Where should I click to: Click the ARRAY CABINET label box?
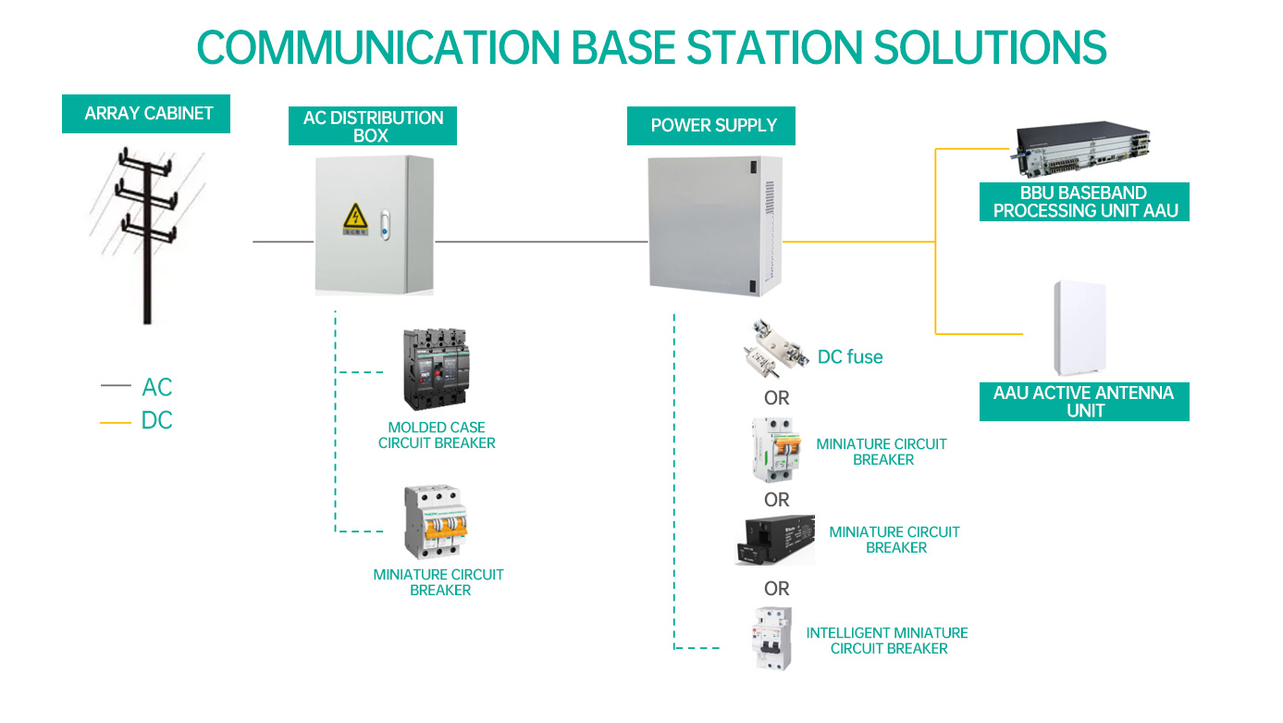(x=146, y=114)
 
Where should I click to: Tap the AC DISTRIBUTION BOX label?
(x=373, y=126)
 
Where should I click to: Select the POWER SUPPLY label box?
(x=711, y=126)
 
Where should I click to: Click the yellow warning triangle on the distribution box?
(x=356, y=216)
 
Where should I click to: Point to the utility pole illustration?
(x=148, y=235)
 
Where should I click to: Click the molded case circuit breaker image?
(x=437, y=368)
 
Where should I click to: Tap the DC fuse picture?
(x=775, y=349)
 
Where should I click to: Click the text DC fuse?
(x=850, y=357)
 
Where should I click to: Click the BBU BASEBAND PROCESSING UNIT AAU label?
(x=1084, y=202)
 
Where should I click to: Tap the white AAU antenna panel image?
(x=1080, y=328)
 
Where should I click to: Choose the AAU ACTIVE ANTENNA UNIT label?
(x=1084, y=402)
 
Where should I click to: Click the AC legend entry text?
(x=157, y=388)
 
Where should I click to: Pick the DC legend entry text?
(x=157, y=420)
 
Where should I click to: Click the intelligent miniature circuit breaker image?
(x=772, y=638)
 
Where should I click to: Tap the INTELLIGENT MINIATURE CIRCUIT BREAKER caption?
(x=887, y=641)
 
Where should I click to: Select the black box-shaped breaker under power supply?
(x=775, y=540)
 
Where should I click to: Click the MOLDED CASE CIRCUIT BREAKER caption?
(x=437, y=435)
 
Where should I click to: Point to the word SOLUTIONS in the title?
(x=990, y=47)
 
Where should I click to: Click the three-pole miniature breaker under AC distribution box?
(x=436, y=522)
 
